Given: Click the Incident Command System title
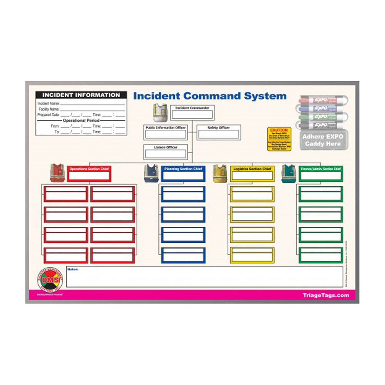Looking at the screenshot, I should pyautogui.click(x=210, y=96).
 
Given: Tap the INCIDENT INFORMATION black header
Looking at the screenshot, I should pyautogui.click(x=81, y=95).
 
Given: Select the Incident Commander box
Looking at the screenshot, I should pyautogui.click(x=192, y=112).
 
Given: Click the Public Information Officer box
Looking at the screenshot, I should pyautogui.click(x=166, y=132).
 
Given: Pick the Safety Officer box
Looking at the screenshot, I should pyautogui.click(x=219, y=132).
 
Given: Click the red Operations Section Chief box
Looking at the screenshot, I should pyautogui.click(x=89, y=174).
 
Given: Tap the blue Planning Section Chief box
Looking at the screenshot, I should pyautogui.click(x=183, y=174).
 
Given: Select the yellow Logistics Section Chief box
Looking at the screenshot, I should pyautogui.click(x=253, y=174).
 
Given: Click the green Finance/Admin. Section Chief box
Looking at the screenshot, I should pyautogui.click(x=320, y=174).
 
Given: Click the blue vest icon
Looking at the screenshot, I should pyautogui.click(x=151, y=173).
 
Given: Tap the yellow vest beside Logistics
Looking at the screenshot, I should pyautogui.click(x=220, y=173).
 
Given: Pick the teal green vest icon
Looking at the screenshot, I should pyautogui.click(x=288, y=173).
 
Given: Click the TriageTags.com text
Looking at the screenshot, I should pyautogui.click(x=326, y=295).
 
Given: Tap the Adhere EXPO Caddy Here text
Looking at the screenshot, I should pyautogui.click(x=323, y=140).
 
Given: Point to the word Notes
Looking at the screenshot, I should pyautogui.click(x=73, y=269).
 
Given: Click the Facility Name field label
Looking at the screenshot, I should pyautogui.click(x=49, y=109).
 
